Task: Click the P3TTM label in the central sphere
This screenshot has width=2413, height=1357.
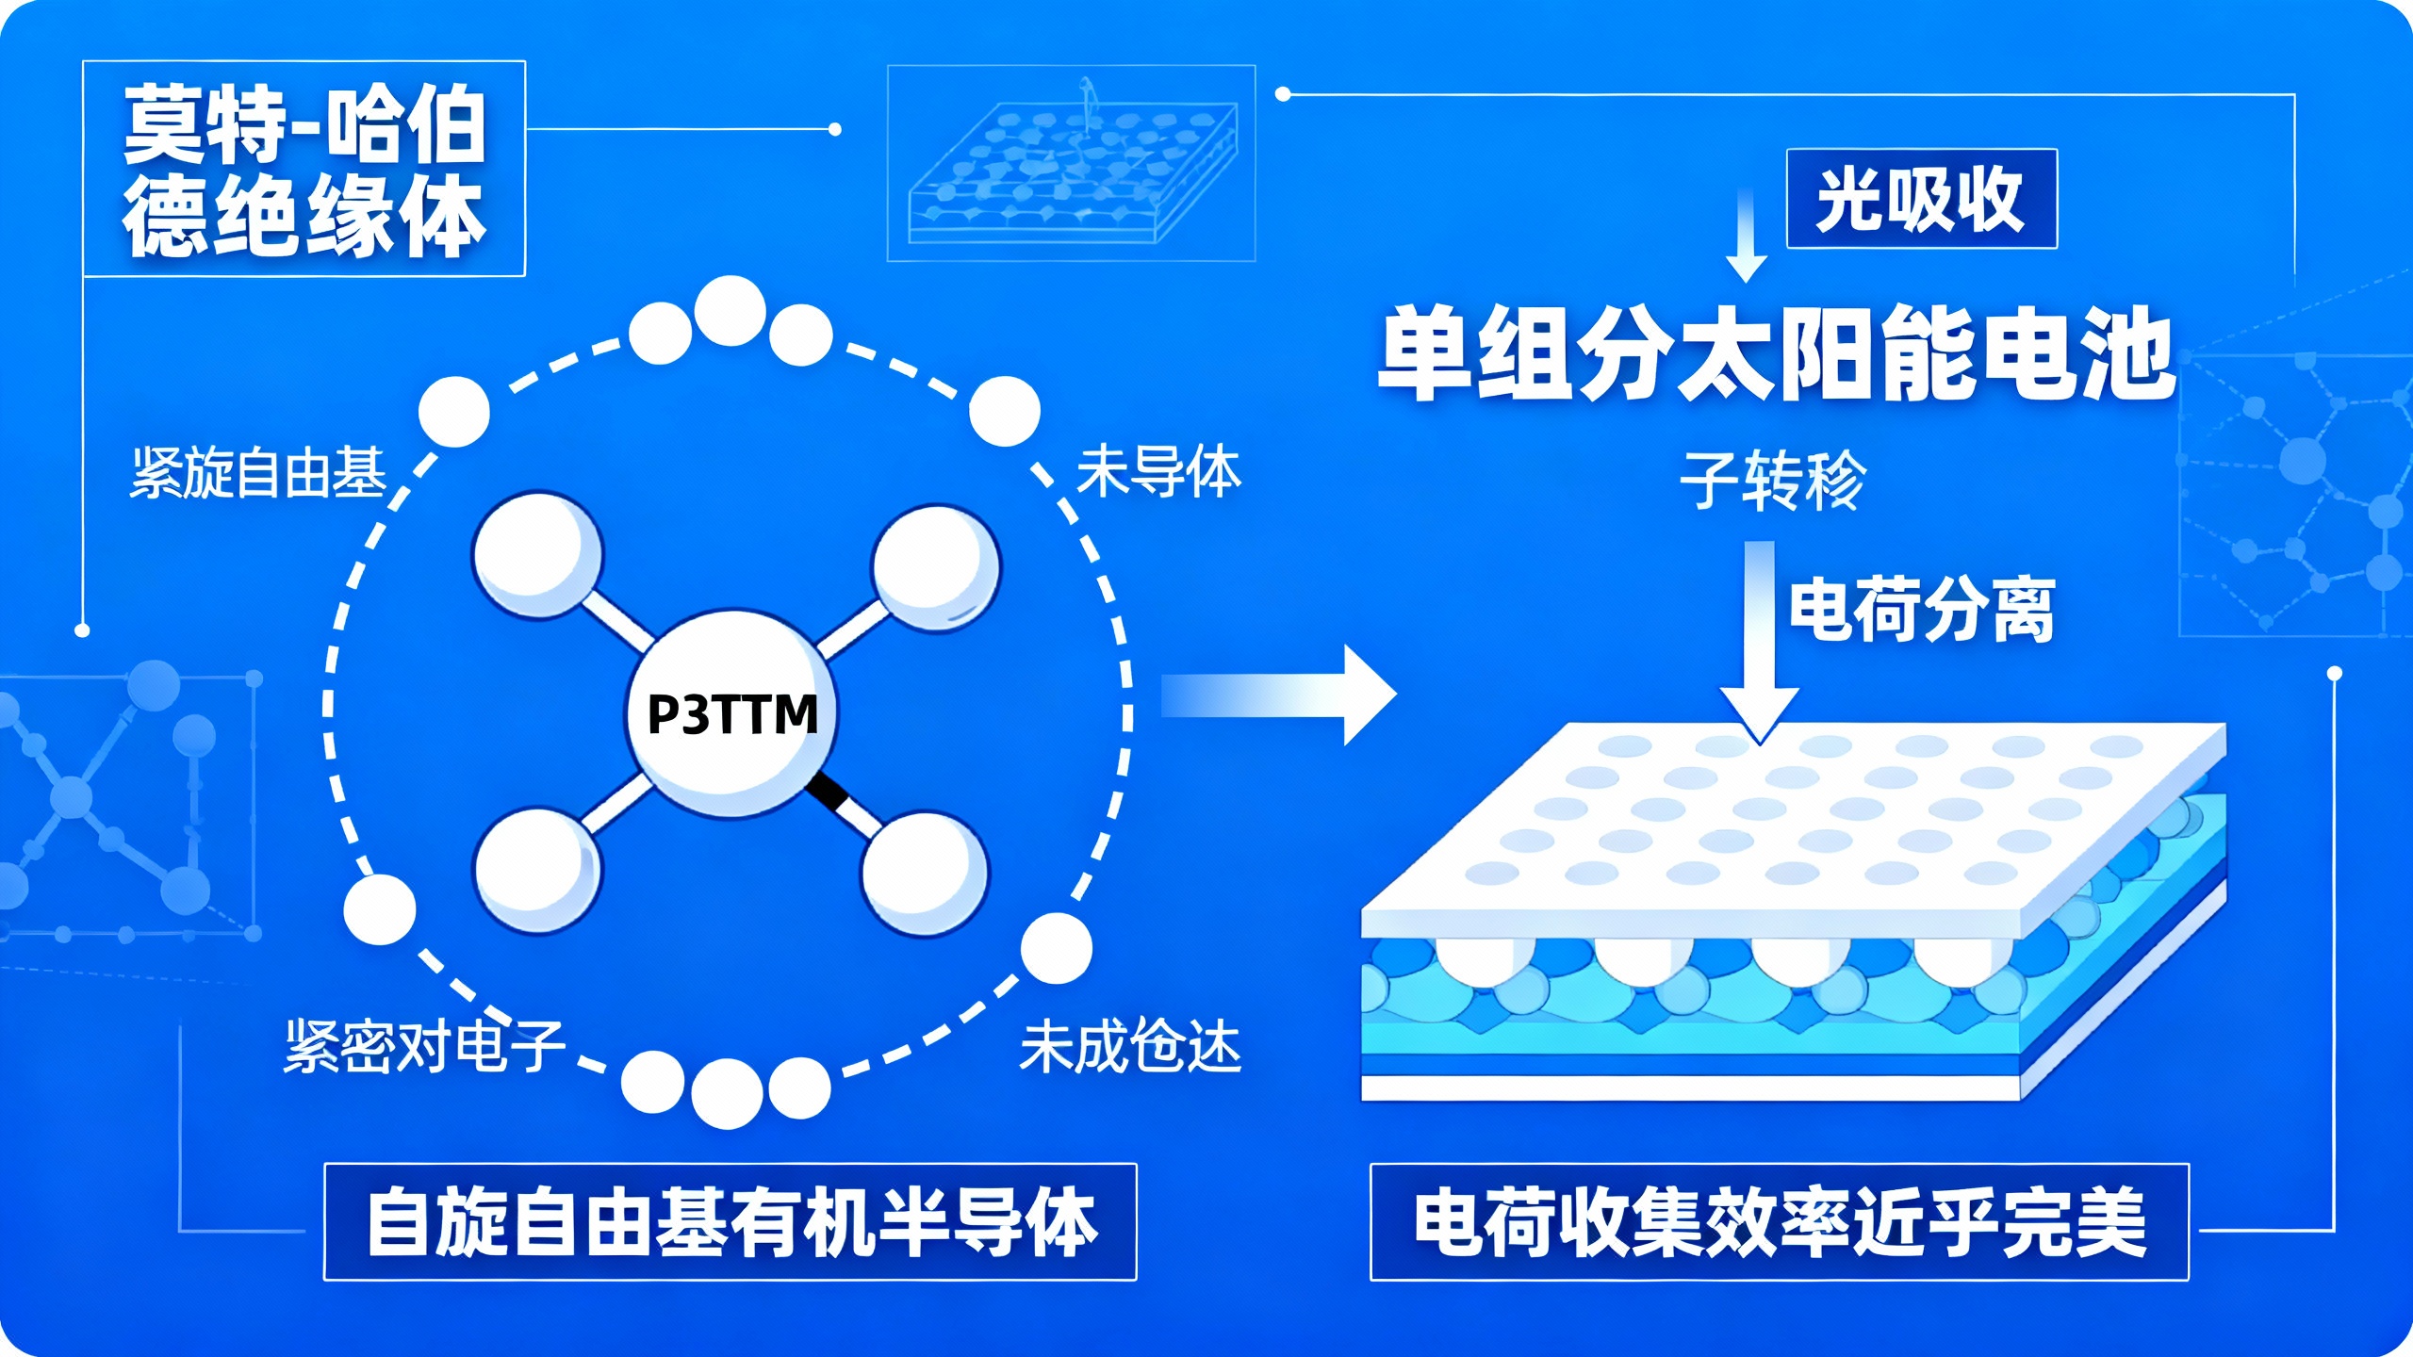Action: pos(732,713)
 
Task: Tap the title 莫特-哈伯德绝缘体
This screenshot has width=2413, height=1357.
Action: pos(304,170)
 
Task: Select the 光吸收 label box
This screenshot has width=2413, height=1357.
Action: pos(1921,199)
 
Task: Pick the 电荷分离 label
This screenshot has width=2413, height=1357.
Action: pos(1921,610)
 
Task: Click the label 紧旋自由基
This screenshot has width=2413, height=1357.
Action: pos(258,472)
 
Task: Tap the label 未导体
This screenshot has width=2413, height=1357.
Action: pos(1158,472)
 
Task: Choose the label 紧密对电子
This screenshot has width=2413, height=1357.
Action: pos(424,1046)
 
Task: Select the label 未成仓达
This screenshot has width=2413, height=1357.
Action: pos(1130,1046)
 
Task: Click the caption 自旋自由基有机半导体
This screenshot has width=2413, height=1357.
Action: pos(730,1222)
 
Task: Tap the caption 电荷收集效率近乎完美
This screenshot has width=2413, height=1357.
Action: pos(1779,1222)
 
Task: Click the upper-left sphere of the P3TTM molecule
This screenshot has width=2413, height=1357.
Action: pos(537,554)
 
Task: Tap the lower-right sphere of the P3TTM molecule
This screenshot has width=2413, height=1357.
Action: pos(924,872)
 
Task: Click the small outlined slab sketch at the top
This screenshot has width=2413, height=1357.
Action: pos(1071,163)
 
